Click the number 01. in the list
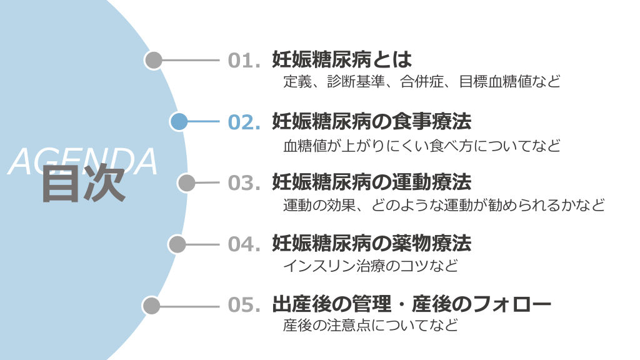click(244, 61)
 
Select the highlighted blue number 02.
click(244, 122)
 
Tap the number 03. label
click(244, 182)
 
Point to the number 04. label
click(244, 244)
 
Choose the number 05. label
click(244, 305)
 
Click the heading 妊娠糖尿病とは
click(342, 59)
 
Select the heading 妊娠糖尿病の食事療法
click(371, 121)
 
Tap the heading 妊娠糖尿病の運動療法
click(371, 182)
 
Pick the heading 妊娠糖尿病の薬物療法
click(371, 243)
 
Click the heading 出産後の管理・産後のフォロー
click(411, 304)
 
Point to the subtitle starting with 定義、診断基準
click(422, 81)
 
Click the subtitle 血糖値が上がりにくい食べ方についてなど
click(422, 146)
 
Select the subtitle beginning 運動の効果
click(444, 205)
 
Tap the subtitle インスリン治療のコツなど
click(371, 266)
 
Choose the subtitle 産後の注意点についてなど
click(371, 326)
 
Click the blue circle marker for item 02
click(179, 122)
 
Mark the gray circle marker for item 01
click(153, 61)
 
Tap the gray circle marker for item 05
click(151, 306)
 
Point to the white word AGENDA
click(83, 161)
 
